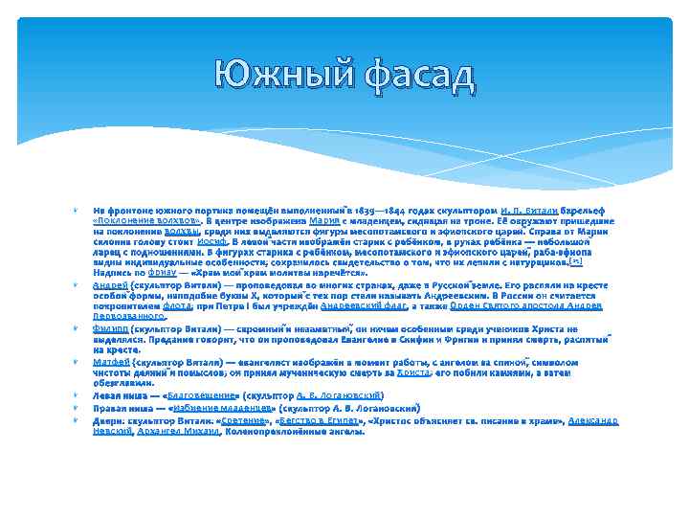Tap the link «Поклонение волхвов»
133,219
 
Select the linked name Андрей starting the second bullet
106,286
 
